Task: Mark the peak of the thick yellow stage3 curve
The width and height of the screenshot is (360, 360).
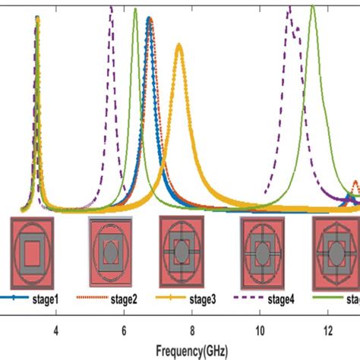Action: (x=179, y=45)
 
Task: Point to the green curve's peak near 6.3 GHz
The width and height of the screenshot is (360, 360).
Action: (x=135, y=10)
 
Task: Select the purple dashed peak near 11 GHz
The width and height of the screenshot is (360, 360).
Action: (x=289, y=8)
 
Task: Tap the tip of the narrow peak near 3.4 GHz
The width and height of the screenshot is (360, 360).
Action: (x=36, y=18)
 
